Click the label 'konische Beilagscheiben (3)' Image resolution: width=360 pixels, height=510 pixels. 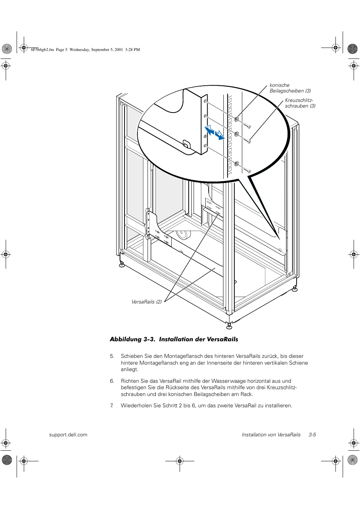tap(290, 88)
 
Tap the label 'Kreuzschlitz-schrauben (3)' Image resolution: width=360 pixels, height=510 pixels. tap(300, 103)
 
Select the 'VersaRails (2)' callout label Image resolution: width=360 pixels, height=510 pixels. tap(146, 302)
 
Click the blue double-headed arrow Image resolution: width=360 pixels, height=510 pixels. tap(214, 133)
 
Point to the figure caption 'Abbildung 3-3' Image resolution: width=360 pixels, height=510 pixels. tap(132, 339)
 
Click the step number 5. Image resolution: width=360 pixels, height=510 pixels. tap(112, 356)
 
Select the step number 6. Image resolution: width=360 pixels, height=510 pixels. tap(112, 381)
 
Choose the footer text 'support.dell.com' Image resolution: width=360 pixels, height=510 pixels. tap(68, 435)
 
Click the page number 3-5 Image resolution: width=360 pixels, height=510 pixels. tap(312, 435)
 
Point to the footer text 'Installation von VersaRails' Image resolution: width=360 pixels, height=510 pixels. tap(271, 435)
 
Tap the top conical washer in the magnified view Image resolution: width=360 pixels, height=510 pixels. tap(237, 119)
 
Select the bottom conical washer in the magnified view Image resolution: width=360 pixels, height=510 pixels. tap(237, 164)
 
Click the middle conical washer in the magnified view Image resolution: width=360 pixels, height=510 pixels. tap(237, 134)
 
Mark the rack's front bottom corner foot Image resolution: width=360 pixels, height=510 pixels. tap(229, 325)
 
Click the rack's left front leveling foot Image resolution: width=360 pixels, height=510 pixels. tap(122, 264)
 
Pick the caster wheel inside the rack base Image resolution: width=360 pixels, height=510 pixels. tap(183, 235)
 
